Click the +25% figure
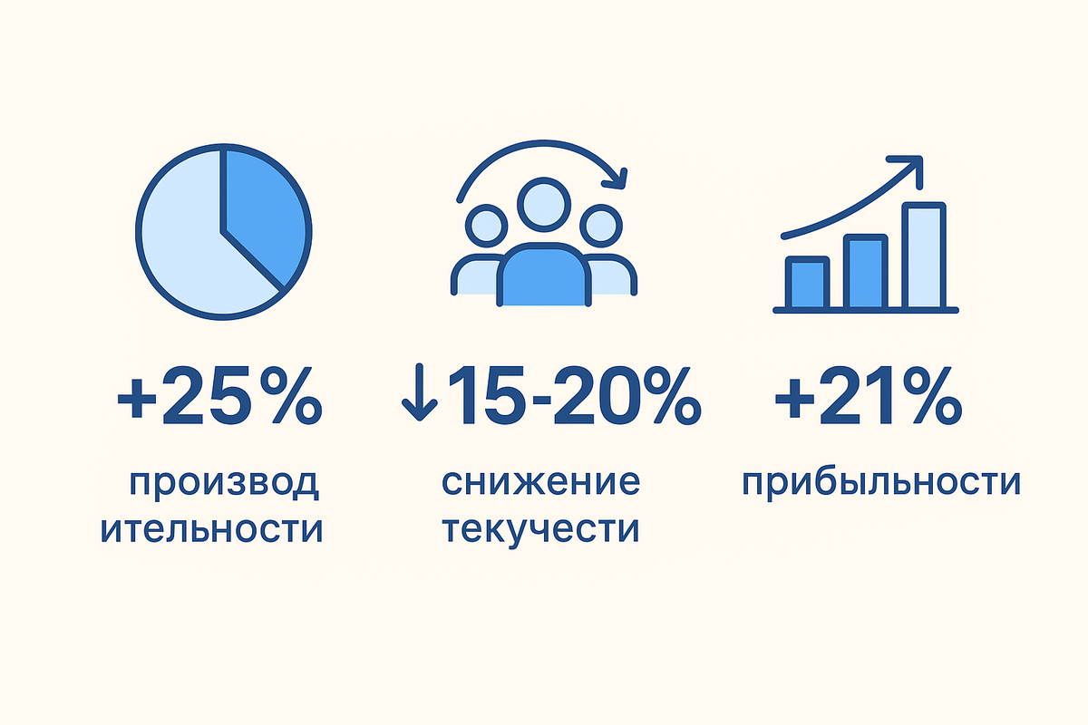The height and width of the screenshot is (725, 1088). click(x=220, y=396)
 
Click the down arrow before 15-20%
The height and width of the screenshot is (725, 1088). click(x=419, y=396)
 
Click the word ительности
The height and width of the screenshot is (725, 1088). click(x=211, y=528)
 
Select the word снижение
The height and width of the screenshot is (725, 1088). click(x=540, y=482)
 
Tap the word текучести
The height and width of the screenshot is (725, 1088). click(x=542, y=528)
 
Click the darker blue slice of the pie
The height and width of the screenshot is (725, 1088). click(x=265, y=213)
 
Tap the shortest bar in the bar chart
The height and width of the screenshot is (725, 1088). click(x=807, y=283)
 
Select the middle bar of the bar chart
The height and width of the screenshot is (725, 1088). click(x=864, y=272)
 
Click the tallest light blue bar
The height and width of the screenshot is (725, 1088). click(x=924, y=256)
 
